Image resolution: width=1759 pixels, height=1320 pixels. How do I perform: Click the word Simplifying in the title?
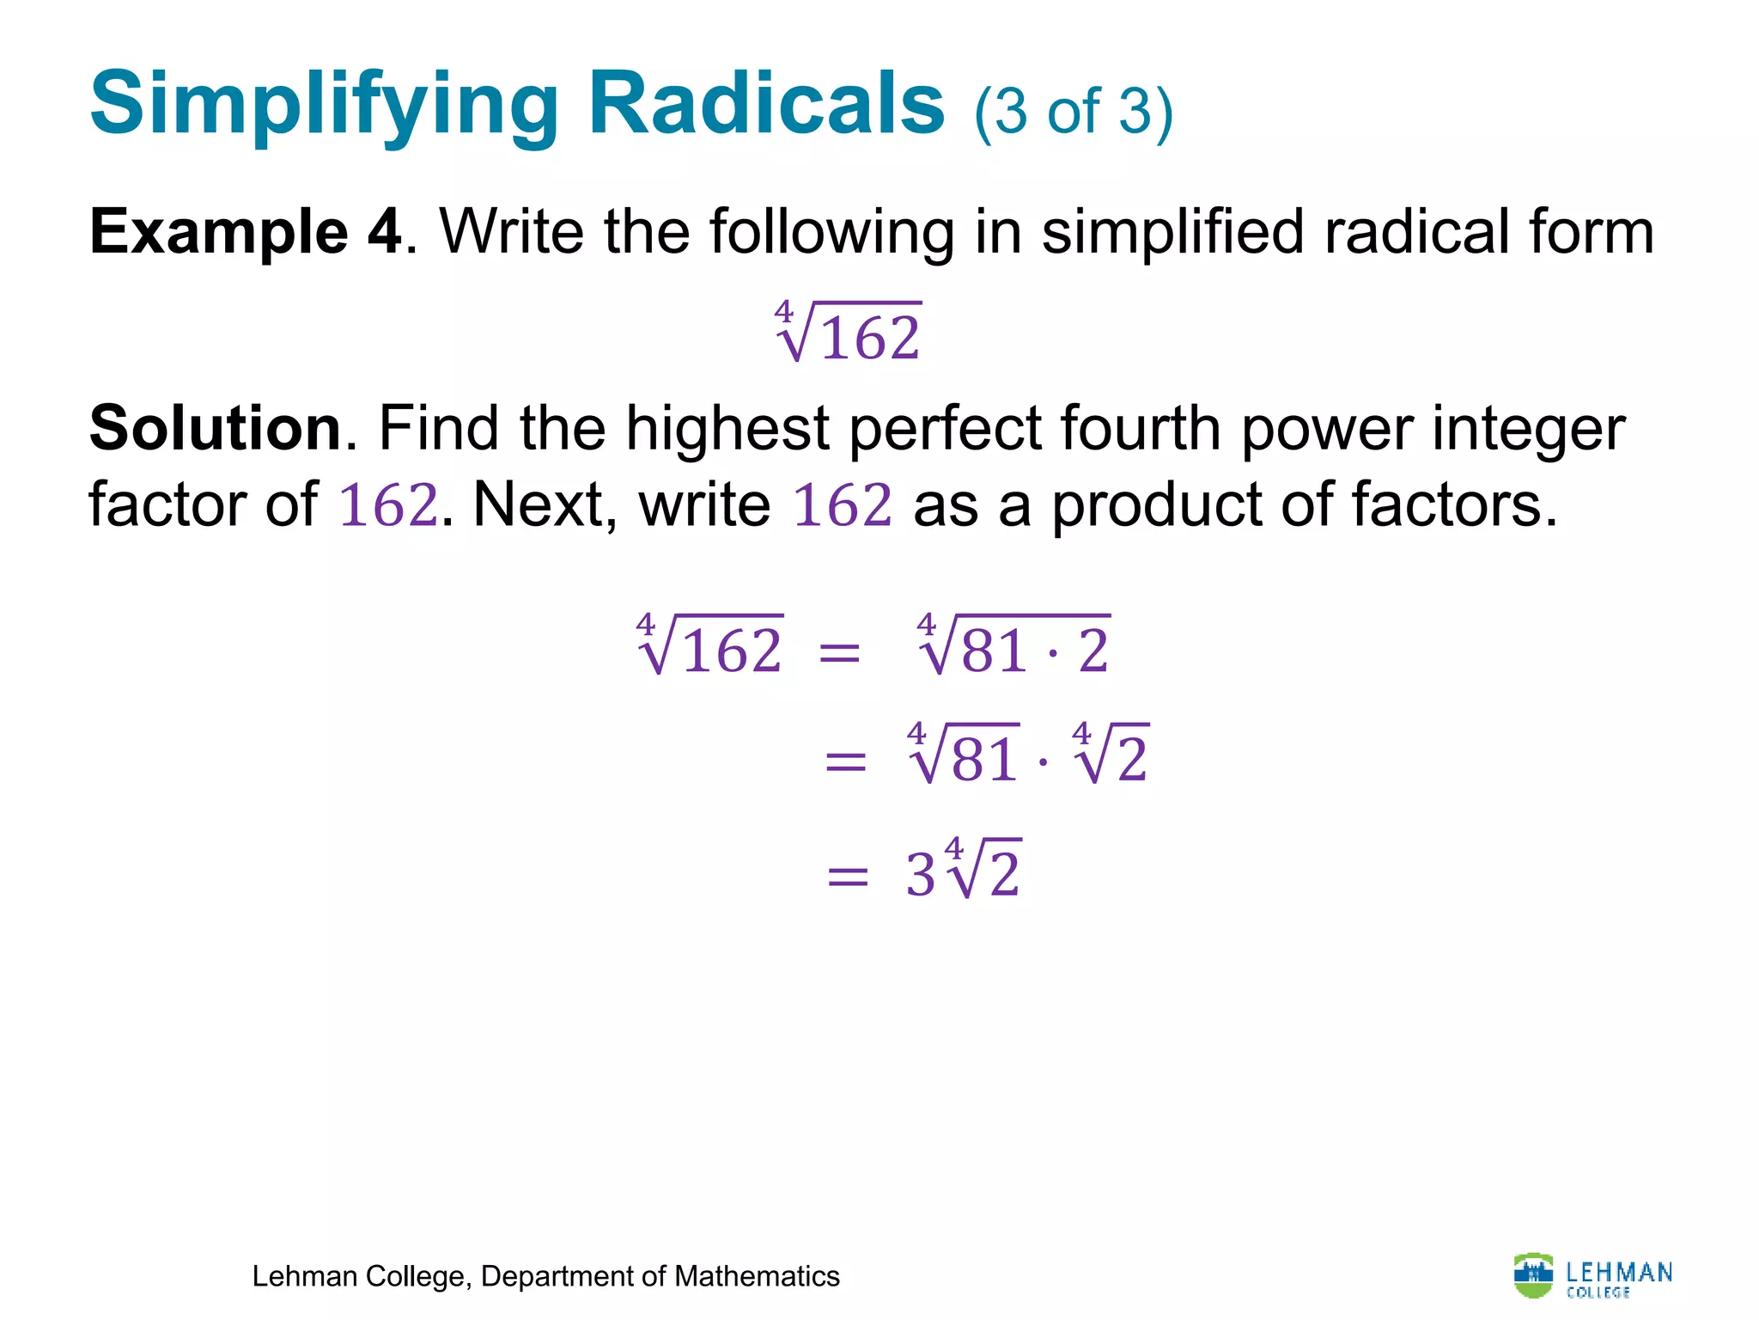coord(326,105)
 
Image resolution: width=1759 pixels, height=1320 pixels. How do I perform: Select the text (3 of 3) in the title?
coord(1074,112)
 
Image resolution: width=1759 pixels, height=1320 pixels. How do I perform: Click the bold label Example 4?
coord(246,232)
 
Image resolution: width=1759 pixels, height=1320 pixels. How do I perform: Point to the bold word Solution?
coord(216,428)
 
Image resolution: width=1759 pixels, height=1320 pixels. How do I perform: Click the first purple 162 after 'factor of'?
coord(388,504)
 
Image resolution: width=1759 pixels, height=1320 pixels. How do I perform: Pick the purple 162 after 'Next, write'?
coord(842,504)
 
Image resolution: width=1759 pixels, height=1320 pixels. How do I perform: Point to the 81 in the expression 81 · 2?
coord(994,651)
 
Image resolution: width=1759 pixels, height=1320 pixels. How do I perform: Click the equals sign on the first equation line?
coord(839,652)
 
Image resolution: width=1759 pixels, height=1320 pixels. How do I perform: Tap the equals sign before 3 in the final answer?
coord(847,877)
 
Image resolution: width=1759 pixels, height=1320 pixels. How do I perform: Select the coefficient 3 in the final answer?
coord(920,876)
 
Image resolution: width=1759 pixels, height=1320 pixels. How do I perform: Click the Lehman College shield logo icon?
coord(1533,1274)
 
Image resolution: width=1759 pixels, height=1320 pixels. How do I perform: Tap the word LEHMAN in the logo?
coord(1619,1271)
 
